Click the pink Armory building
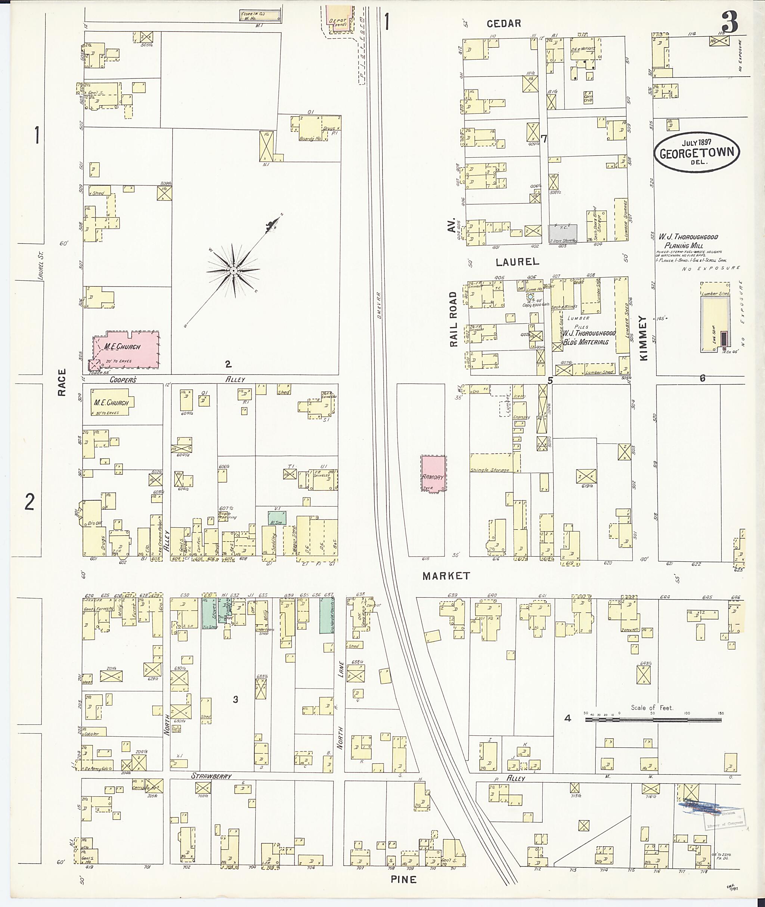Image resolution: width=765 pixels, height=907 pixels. pyautogui.click(x=433, y=473)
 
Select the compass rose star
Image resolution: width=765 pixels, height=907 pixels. pyautogui.click(x=233, y=271)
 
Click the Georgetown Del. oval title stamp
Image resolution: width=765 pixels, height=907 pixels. pyautogui.click(x=697, y=153)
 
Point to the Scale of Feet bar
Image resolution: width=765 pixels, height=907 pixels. pyautogui.click(x=653, y=720)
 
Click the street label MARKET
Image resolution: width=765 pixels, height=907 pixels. pyautogui.click(x=446, y=576)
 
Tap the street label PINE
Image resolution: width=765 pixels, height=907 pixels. pyautogui.click(x=403, y=880)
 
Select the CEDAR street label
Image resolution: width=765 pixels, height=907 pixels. pyautogui.click(x=503, y=24)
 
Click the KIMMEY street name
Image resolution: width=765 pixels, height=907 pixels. pyautogui.click(x=643, y=338)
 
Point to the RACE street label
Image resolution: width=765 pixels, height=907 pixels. pyautogui.click(x=62, y=382)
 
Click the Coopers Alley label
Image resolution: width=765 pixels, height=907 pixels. pyautogui.click(x=123, y=380)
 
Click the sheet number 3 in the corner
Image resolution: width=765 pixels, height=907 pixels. pyautogui.click(x=730, y=22)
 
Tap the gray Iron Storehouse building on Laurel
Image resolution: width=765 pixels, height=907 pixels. pyautogui.click(x=563, y=234)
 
